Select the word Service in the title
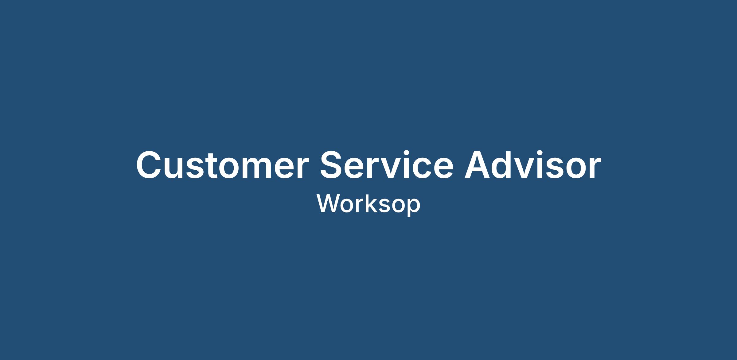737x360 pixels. [387, 165]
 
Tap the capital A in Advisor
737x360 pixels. [478, 165]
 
